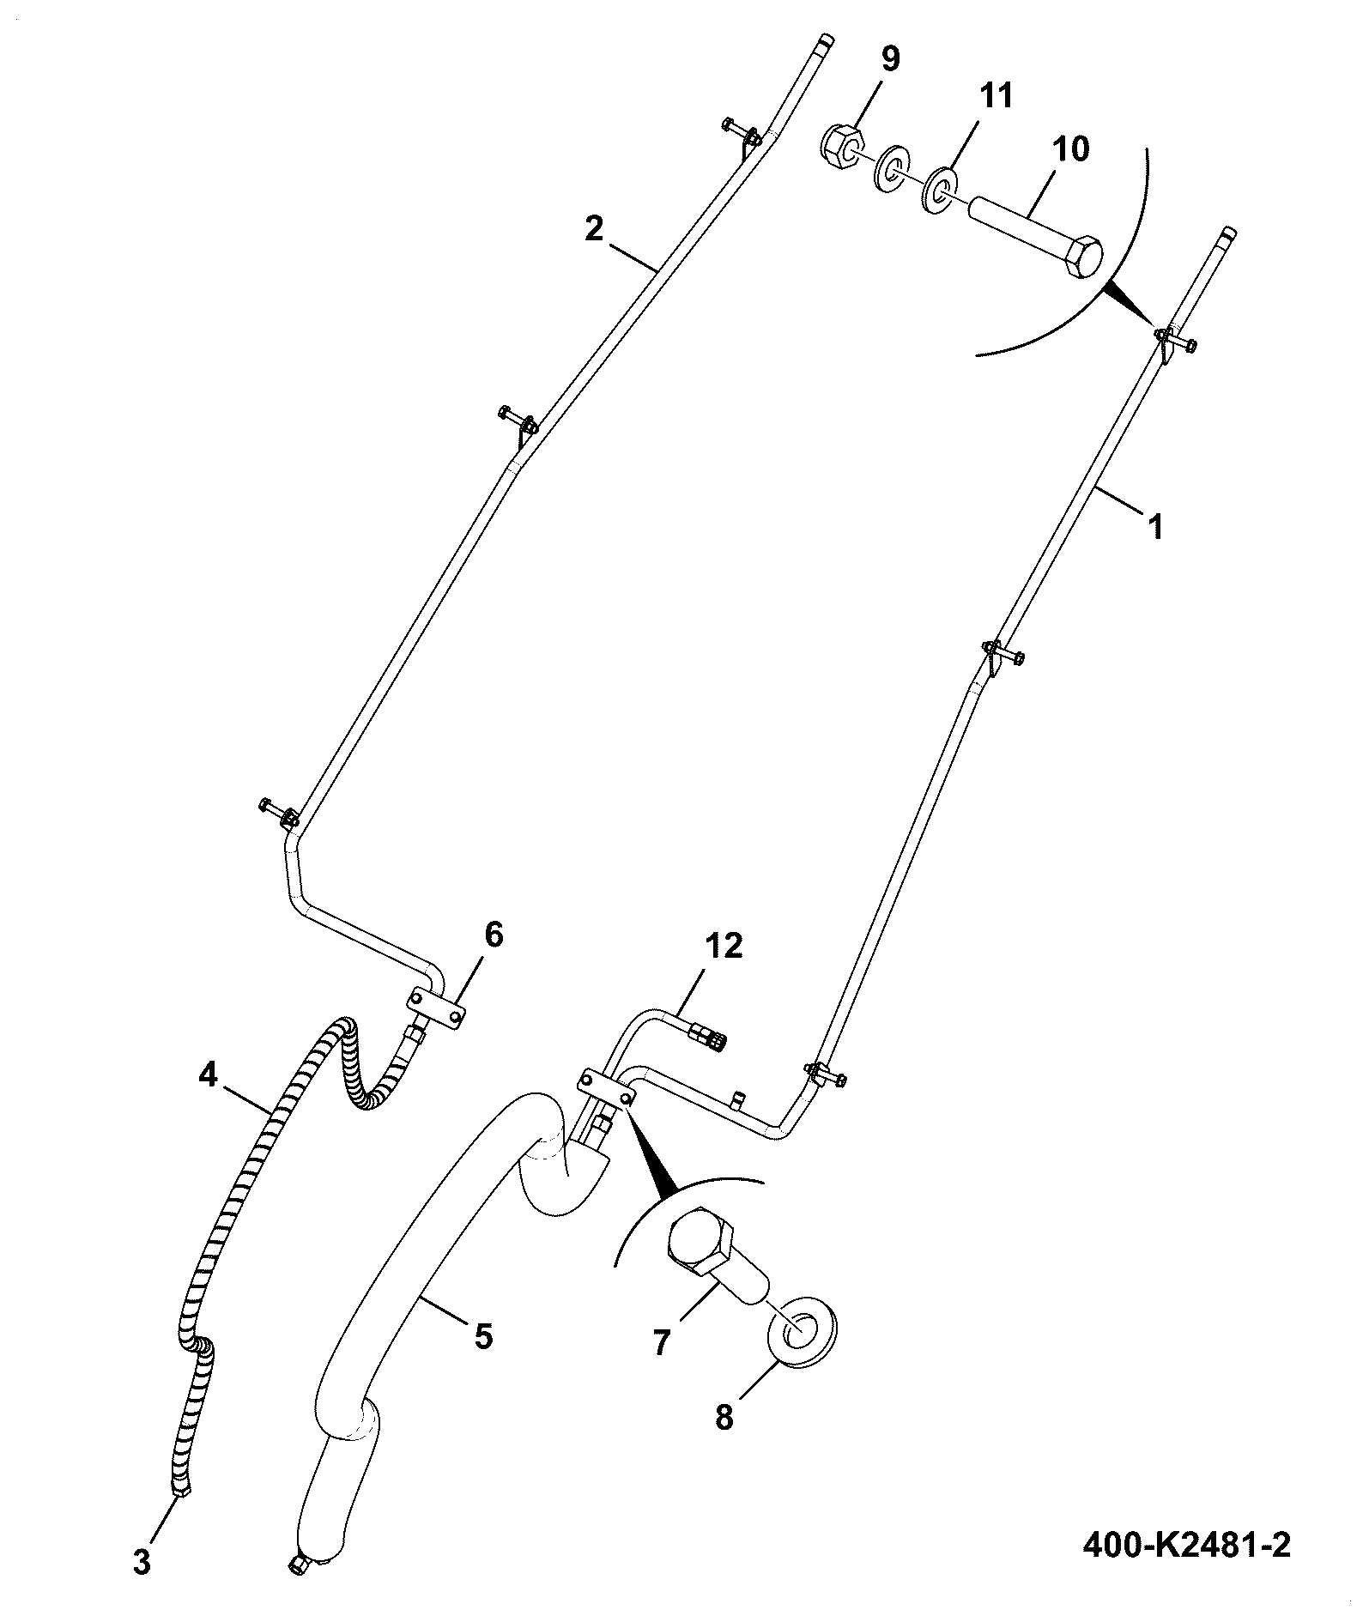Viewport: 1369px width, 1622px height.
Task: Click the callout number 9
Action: tap(889, 60)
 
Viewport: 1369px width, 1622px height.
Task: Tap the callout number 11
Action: tap(996, 96)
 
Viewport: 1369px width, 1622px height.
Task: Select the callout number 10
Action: tap(1071, 149)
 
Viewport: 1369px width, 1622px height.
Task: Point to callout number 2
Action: tap(594, 229)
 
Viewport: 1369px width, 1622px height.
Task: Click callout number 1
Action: tap(1155, 525)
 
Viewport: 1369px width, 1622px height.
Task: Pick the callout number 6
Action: tap(494, 935)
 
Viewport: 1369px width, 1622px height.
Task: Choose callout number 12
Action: tap(724, 947)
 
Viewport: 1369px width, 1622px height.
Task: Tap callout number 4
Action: tap(209, 1074)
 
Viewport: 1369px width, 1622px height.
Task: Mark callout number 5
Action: tap(483, 1336)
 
